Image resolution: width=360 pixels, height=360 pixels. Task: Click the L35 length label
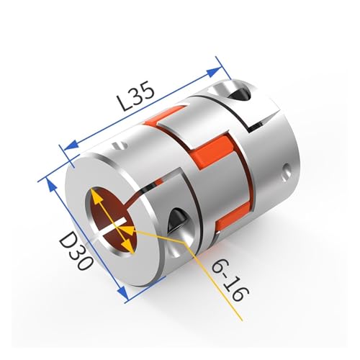tap(137, 97)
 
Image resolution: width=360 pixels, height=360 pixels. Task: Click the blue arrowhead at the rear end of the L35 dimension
tap(214, 72)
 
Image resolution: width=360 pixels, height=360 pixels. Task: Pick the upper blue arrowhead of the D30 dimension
tap(52, 185)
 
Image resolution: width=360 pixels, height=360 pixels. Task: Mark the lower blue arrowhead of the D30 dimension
tap(123, 293)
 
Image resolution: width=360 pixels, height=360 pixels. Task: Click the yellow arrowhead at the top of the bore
tap(96, 195)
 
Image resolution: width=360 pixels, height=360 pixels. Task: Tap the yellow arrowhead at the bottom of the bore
tap(128, 246)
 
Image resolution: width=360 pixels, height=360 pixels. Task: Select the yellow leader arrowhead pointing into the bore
tap(130, 230)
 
